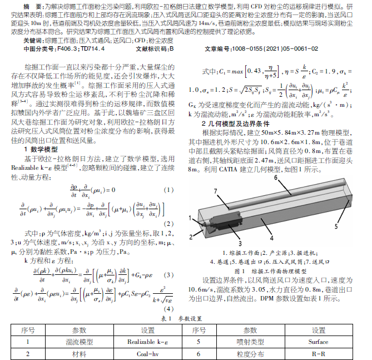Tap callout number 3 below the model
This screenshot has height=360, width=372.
(x=240, y=243)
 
